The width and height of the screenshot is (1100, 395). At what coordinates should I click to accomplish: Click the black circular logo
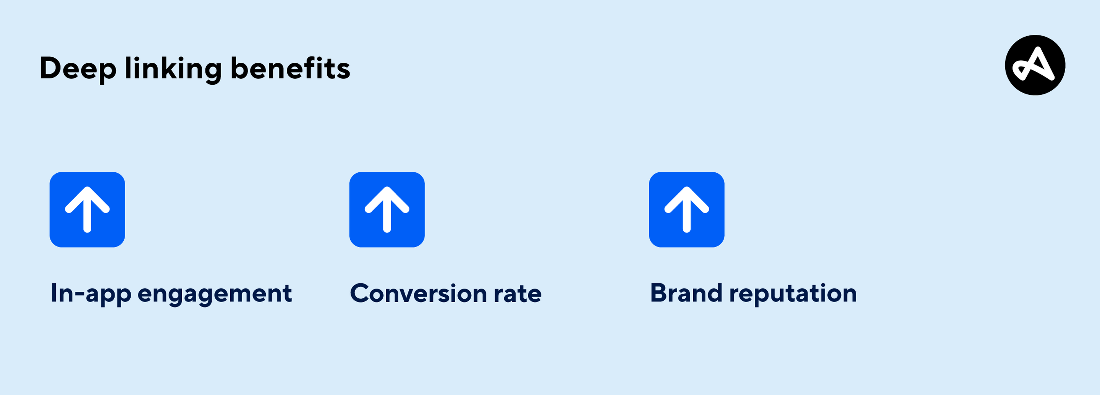pos(1035,65)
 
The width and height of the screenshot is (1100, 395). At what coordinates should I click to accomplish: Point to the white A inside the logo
pos(1034,64)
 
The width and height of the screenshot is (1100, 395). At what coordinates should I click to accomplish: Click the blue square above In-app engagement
pos(87,210)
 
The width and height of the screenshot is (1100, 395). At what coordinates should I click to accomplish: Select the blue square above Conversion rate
pos(387,210)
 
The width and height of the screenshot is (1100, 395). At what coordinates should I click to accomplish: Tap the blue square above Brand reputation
pos(687,210)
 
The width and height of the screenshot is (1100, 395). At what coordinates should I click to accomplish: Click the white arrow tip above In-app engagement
pos(87,188)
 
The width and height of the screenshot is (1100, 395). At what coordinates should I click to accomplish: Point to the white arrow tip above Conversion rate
pos(387,188)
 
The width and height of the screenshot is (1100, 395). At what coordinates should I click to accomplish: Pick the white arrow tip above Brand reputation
pos(687,188)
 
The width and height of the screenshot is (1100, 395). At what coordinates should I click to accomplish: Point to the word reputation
pos(793,295)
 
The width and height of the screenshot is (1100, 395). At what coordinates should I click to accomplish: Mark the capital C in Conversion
pos(361,293)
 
